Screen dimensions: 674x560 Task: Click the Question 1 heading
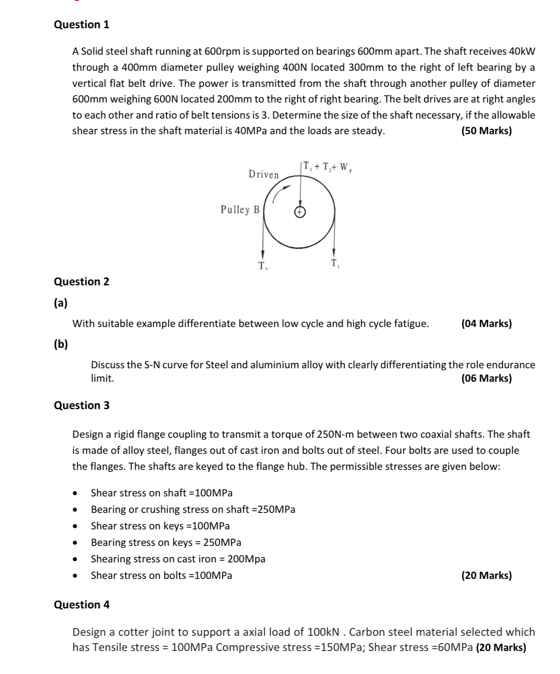pos(82,25)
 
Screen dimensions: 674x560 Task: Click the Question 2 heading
pos(82,282)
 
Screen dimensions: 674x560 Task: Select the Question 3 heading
pos(82,406)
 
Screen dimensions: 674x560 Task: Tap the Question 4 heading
pos(82,605)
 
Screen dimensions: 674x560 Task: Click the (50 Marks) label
pos(486,131)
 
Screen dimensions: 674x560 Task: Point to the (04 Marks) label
pos(486,324)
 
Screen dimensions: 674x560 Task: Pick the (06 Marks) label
pos(486,378)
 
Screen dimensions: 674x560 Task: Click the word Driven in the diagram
pos(264,175)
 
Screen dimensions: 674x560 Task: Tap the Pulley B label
pos(240,210)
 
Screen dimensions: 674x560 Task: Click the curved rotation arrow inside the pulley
pos(280,192)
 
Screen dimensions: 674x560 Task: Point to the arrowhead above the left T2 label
pos(263,254)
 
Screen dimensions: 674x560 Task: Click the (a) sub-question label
pos(61,303)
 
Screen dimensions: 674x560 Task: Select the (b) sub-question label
pos(61,345)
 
